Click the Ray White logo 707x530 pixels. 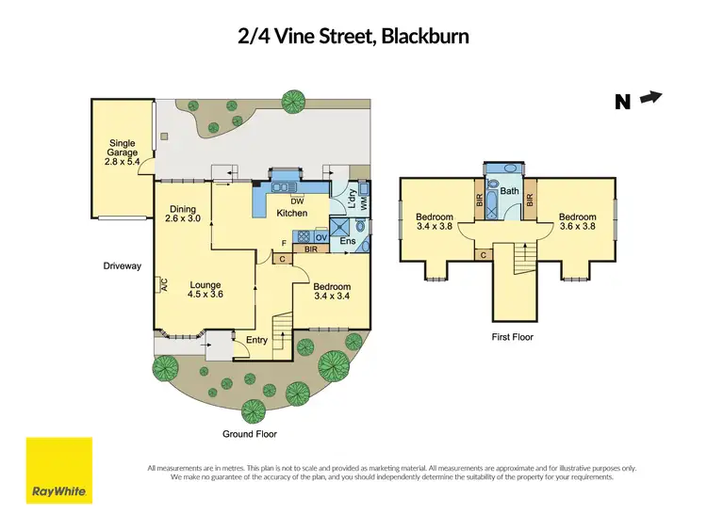point(58,470)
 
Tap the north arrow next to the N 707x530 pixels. point(651,97)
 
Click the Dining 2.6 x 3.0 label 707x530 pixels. point(184,215)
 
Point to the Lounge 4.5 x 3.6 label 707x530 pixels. point(205,289)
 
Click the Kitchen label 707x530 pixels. point(292,215)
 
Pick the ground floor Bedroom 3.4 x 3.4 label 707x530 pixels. point(332,292)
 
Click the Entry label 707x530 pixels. point(257,340)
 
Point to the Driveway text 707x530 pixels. point(123,266)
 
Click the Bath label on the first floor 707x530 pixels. point(510,191)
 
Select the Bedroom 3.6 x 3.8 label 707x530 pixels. point(577,222)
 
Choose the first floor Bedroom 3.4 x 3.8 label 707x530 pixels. point(436,222)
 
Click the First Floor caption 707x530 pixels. point(512,336)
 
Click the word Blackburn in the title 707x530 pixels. point(419,37)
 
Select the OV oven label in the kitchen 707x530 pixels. point(321,237)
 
